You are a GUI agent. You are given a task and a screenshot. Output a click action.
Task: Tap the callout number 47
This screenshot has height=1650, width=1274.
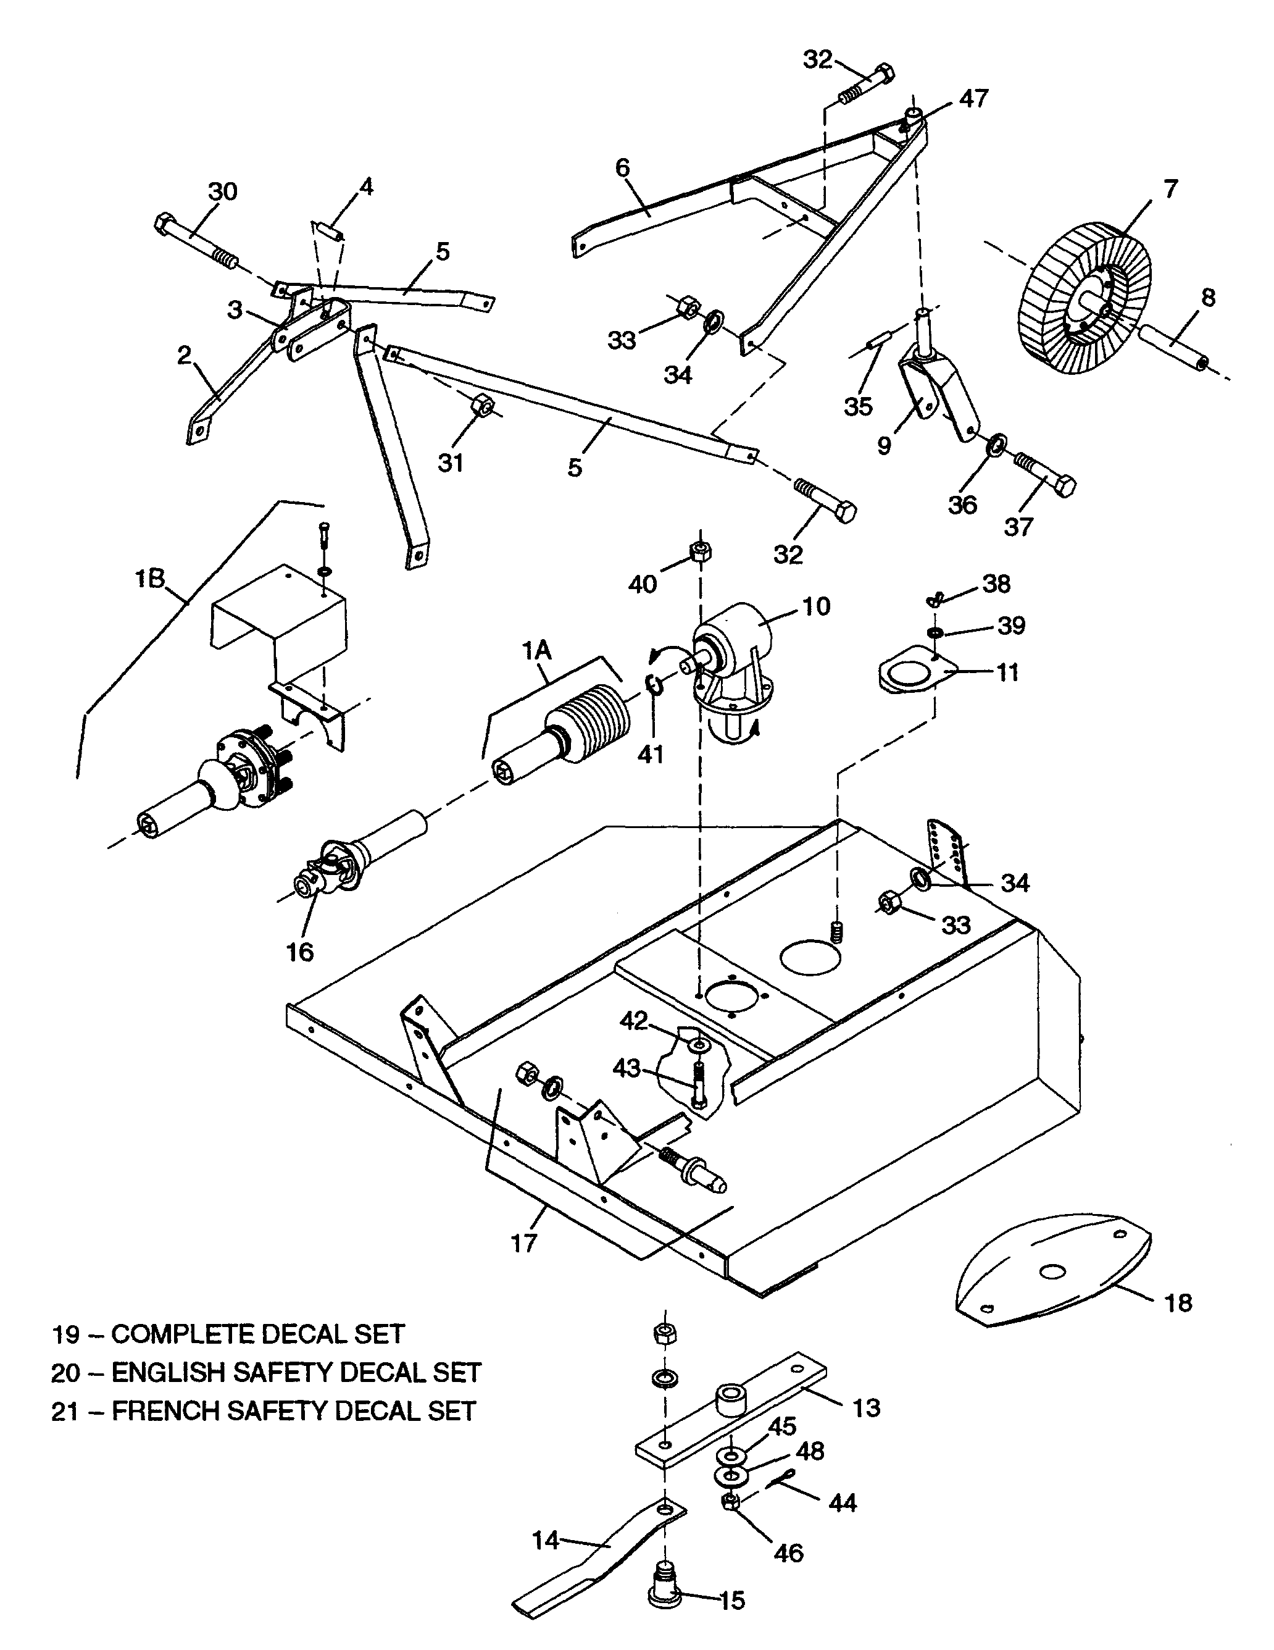pos(973,98)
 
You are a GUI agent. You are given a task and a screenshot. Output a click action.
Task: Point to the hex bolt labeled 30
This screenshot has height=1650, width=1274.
pos(196,243)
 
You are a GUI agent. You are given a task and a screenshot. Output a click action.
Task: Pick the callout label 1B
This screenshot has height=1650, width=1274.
pos(149,579)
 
